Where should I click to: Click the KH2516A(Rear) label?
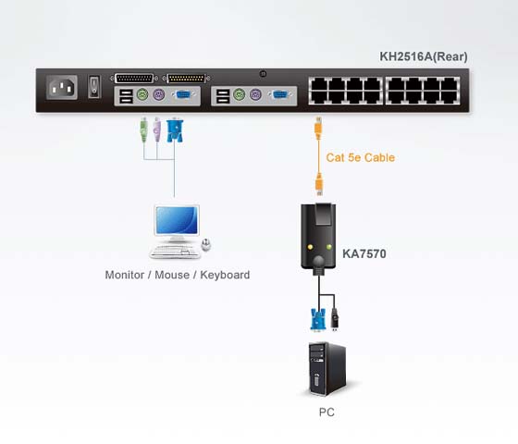pyautogui.click(x=424, y=56)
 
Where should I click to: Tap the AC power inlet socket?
pyautogui.click(x=62, y=88)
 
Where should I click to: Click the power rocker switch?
pyautogui.click(x=94, y=87)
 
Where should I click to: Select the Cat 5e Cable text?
pyautogui.click(x=361, y=157)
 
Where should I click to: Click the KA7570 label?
pyautogui.click(x=364, y=253)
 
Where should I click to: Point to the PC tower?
pyautogui.click(x=327, y=369)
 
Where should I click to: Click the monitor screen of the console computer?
pyautogui.click(x=177, y=220)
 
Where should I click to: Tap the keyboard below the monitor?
pyautogui.click(x=175, y=253)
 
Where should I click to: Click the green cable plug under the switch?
pyautogui.click(x=143, y=129)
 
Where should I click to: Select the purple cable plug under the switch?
pyautogui.click(x=156, y=129)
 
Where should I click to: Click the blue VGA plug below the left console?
pyautogui.click(x=175, y=130)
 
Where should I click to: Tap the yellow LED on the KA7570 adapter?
pyautogui.click(x=310, y=247)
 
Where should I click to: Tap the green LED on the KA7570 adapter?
pyautogui.click(x=328, y=247)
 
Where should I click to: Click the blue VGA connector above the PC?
pyautogui.click(x=318, y=319)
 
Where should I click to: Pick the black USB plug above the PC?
pyautogui.click(x=335, y=319)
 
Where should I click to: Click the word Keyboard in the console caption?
pyautogui.click(x=225, y=275)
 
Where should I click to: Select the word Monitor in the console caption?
pyautogui.click(x=125, y=275)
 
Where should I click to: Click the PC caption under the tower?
pyautogui.click(x=327, y=413)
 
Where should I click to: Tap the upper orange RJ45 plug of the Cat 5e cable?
pyautogui.click(x=318, y=129)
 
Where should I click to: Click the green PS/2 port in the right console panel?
pyautogui.click(x=239, y=95)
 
